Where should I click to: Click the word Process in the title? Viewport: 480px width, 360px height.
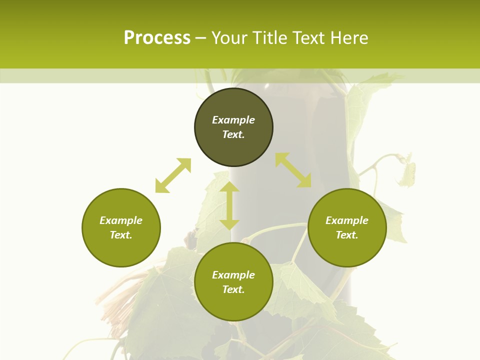tap(157, 38)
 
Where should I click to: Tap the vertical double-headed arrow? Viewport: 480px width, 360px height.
tap(229, 205)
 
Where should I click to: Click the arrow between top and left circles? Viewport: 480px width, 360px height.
tap(173, 175)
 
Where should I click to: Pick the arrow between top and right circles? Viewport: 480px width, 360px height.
tap(293, 170)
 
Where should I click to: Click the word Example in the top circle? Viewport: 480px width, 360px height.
tap(233, 120)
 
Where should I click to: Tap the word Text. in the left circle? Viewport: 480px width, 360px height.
tap(121, 235)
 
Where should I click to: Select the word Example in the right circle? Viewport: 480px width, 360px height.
tap(347, 220)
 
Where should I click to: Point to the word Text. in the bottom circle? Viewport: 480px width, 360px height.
tap(233, 289)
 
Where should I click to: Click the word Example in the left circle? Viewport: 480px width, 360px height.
tap(121, 220)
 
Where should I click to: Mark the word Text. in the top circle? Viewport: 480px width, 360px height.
tap(233, 134)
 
